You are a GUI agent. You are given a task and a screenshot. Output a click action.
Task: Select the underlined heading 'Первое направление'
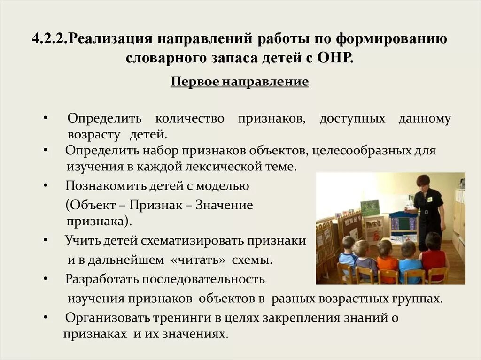[x=240, y=82]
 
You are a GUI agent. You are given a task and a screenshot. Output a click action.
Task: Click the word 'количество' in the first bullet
[x=190, y=119]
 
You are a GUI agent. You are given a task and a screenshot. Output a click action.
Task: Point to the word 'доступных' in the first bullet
[x=352, y=119]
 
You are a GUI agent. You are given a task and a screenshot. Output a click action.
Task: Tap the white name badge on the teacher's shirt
[x=429, y=199]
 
